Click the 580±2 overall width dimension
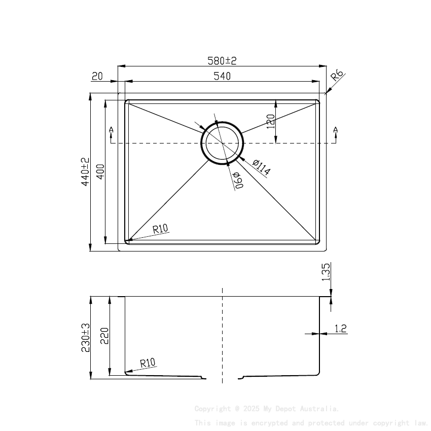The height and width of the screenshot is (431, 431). tap(222, 61)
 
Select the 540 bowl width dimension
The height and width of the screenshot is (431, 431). tap(222, 76)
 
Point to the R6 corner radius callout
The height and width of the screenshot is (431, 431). tap(337, 77)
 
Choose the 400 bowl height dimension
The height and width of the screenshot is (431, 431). tap(100, 173)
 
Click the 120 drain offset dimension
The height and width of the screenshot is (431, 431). tap(271, 122)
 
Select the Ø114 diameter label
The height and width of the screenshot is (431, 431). tap(261, 167)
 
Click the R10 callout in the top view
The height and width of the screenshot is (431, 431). tap(160, 229)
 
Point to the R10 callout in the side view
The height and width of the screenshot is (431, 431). tap(148, 363)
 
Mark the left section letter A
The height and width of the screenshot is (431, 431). tap(111, 131)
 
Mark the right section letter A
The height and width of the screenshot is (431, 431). tap(335, 131)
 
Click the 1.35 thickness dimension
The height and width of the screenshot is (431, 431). tap(326, 272)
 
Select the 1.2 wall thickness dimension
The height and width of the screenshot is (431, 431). tap(341, 329)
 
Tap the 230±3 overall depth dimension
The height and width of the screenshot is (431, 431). tap(85, 338)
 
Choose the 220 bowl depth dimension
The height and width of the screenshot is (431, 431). tap(104, 336)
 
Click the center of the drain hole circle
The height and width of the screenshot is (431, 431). tap(222, 143)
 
